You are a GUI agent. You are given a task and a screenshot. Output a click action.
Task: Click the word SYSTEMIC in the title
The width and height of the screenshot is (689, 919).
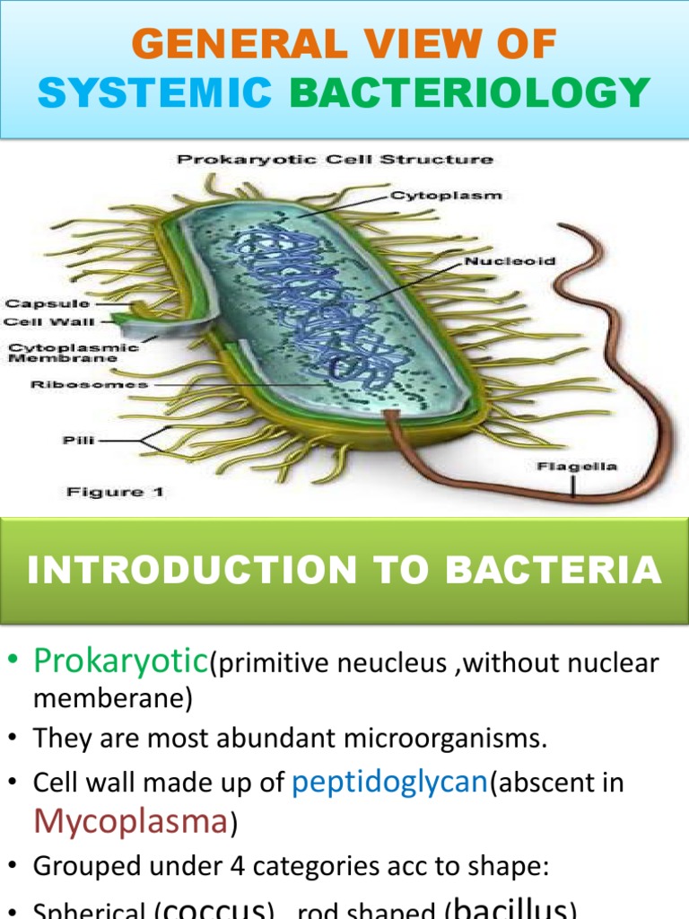coord(157,92)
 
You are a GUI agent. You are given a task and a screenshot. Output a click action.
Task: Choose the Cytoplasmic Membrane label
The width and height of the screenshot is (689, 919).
coord(74,352)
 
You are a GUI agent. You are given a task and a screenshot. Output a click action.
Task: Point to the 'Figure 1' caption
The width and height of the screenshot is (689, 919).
coord(114,492)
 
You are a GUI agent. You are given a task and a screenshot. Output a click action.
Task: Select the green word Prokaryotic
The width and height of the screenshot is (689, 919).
coord(120,662)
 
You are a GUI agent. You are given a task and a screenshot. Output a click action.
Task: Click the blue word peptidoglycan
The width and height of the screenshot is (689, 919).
coord(389,783)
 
